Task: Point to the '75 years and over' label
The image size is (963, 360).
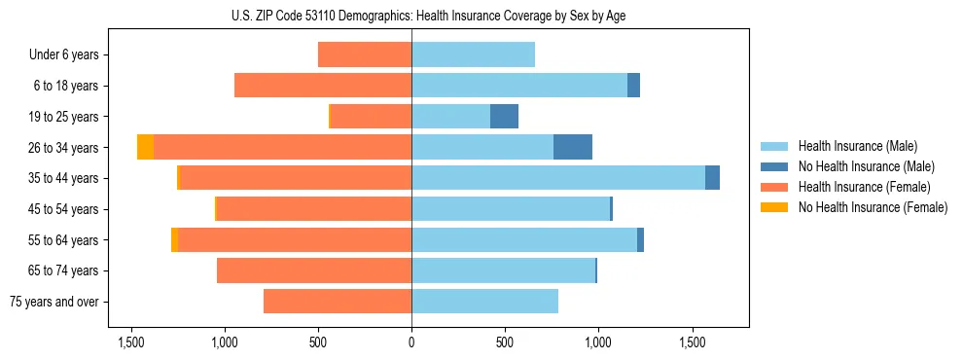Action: pyautogui.click(x=54, y=302)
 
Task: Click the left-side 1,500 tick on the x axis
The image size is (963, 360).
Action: pyautogui.click(x=131, y=342)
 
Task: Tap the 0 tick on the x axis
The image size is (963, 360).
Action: pyautogui.click(x=411, y=342)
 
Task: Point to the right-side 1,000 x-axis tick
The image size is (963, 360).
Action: pyautogui.click(x=598, y=342)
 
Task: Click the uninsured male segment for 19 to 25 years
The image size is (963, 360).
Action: pyautogui.click(x=504, y=117)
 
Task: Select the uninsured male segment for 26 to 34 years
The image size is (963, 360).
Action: pyautogui.click(x=573, y=147)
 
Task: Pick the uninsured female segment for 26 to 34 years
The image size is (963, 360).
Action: pyautogui.click(x=145, y=147)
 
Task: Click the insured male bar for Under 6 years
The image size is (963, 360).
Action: pyautogui.click(x=473, y=54)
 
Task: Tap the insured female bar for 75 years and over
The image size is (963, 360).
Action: pyautogui.click(x=338, y=302)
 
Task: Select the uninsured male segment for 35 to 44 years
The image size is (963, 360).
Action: pyautogui.click(x=713, y=178)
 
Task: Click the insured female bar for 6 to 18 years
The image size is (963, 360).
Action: pyautogui.click(x=323, y=86)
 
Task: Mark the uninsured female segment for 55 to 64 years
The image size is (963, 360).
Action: pyautogui.click(x=174, y=239)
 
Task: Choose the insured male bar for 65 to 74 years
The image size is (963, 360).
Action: pyautogui.click(x=503, y=270)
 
